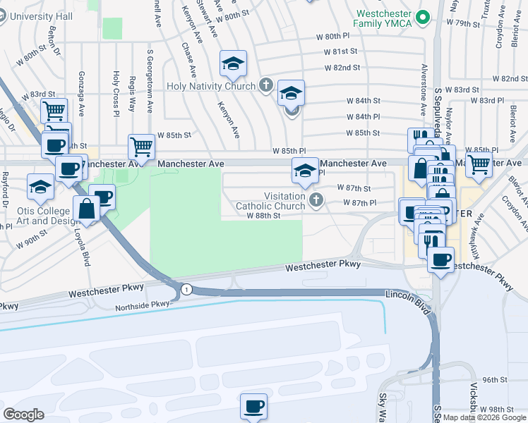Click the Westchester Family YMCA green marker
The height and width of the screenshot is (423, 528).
[x=423, y=17]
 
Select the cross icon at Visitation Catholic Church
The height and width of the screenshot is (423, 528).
[x=316, y=201]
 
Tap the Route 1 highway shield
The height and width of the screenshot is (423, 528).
[x=186, y=289]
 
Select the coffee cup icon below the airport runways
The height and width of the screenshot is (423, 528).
[x=253, y=406]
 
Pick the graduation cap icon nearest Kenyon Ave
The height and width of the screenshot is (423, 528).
[x=232, y=64]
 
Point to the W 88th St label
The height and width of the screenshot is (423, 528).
[x=264, y=216]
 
